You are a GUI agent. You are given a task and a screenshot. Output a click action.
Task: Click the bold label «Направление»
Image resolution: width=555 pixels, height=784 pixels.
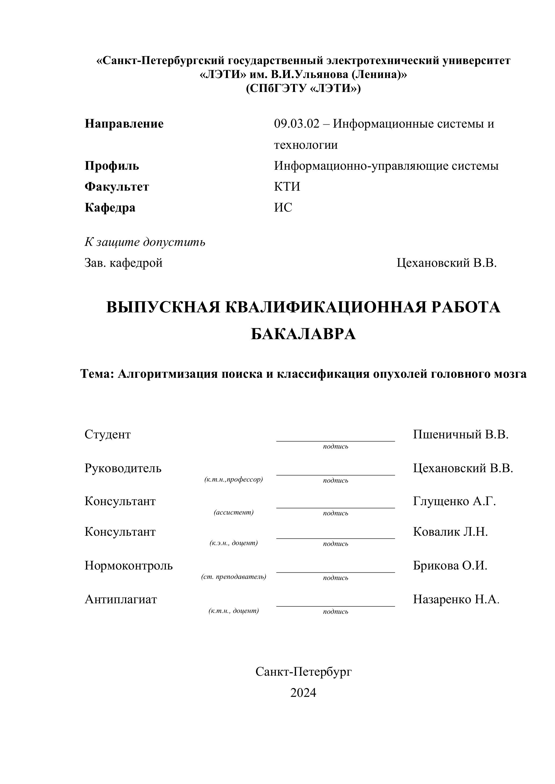[124, 124]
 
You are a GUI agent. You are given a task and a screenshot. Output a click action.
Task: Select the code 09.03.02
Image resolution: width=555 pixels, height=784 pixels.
[296, 124]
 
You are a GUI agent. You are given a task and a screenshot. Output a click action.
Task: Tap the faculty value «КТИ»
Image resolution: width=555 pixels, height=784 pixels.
[287, 187]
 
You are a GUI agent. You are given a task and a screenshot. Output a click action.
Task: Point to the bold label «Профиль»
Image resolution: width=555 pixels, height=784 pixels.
[112, 166]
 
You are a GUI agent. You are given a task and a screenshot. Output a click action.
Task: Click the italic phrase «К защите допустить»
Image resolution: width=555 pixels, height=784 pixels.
[145, 242]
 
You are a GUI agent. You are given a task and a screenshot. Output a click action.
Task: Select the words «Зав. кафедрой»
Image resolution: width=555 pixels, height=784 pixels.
[123, 263]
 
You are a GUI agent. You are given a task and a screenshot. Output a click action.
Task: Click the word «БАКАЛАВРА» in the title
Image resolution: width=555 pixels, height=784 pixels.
[303, 334]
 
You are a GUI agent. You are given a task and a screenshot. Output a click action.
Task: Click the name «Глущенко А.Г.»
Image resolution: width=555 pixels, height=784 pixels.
[454, 501]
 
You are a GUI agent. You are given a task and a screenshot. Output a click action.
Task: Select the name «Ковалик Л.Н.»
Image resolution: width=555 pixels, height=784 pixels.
[450, 532]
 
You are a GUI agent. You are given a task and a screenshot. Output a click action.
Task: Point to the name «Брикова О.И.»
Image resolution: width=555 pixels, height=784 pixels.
[450, 565]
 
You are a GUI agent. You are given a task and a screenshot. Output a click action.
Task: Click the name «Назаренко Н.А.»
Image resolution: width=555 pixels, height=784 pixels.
[456, 599]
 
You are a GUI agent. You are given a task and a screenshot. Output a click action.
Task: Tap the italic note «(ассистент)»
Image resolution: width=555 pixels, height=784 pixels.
[233, 512]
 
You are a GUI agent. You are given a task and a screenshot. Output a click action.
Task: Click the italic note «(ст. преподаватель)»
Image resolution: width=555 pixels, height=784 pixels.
[233, 577]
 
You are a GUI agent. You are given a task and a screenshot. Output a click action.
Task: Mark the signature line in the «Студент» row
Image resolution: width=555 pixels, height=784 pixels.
[335, 441]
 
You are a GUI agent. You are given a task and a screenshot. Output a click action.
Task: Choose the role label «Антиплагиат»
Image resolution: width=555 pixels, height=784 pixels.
[121, 599]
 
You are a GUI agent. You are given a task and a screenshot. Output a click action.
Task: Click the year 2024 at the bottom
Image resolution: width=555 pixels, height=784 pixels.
[303, 693]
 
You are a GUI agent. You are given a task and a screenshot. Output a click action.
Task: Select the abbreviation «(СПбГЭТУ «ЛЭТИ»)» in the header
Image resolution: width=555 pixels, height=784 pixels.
[303, 88]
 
